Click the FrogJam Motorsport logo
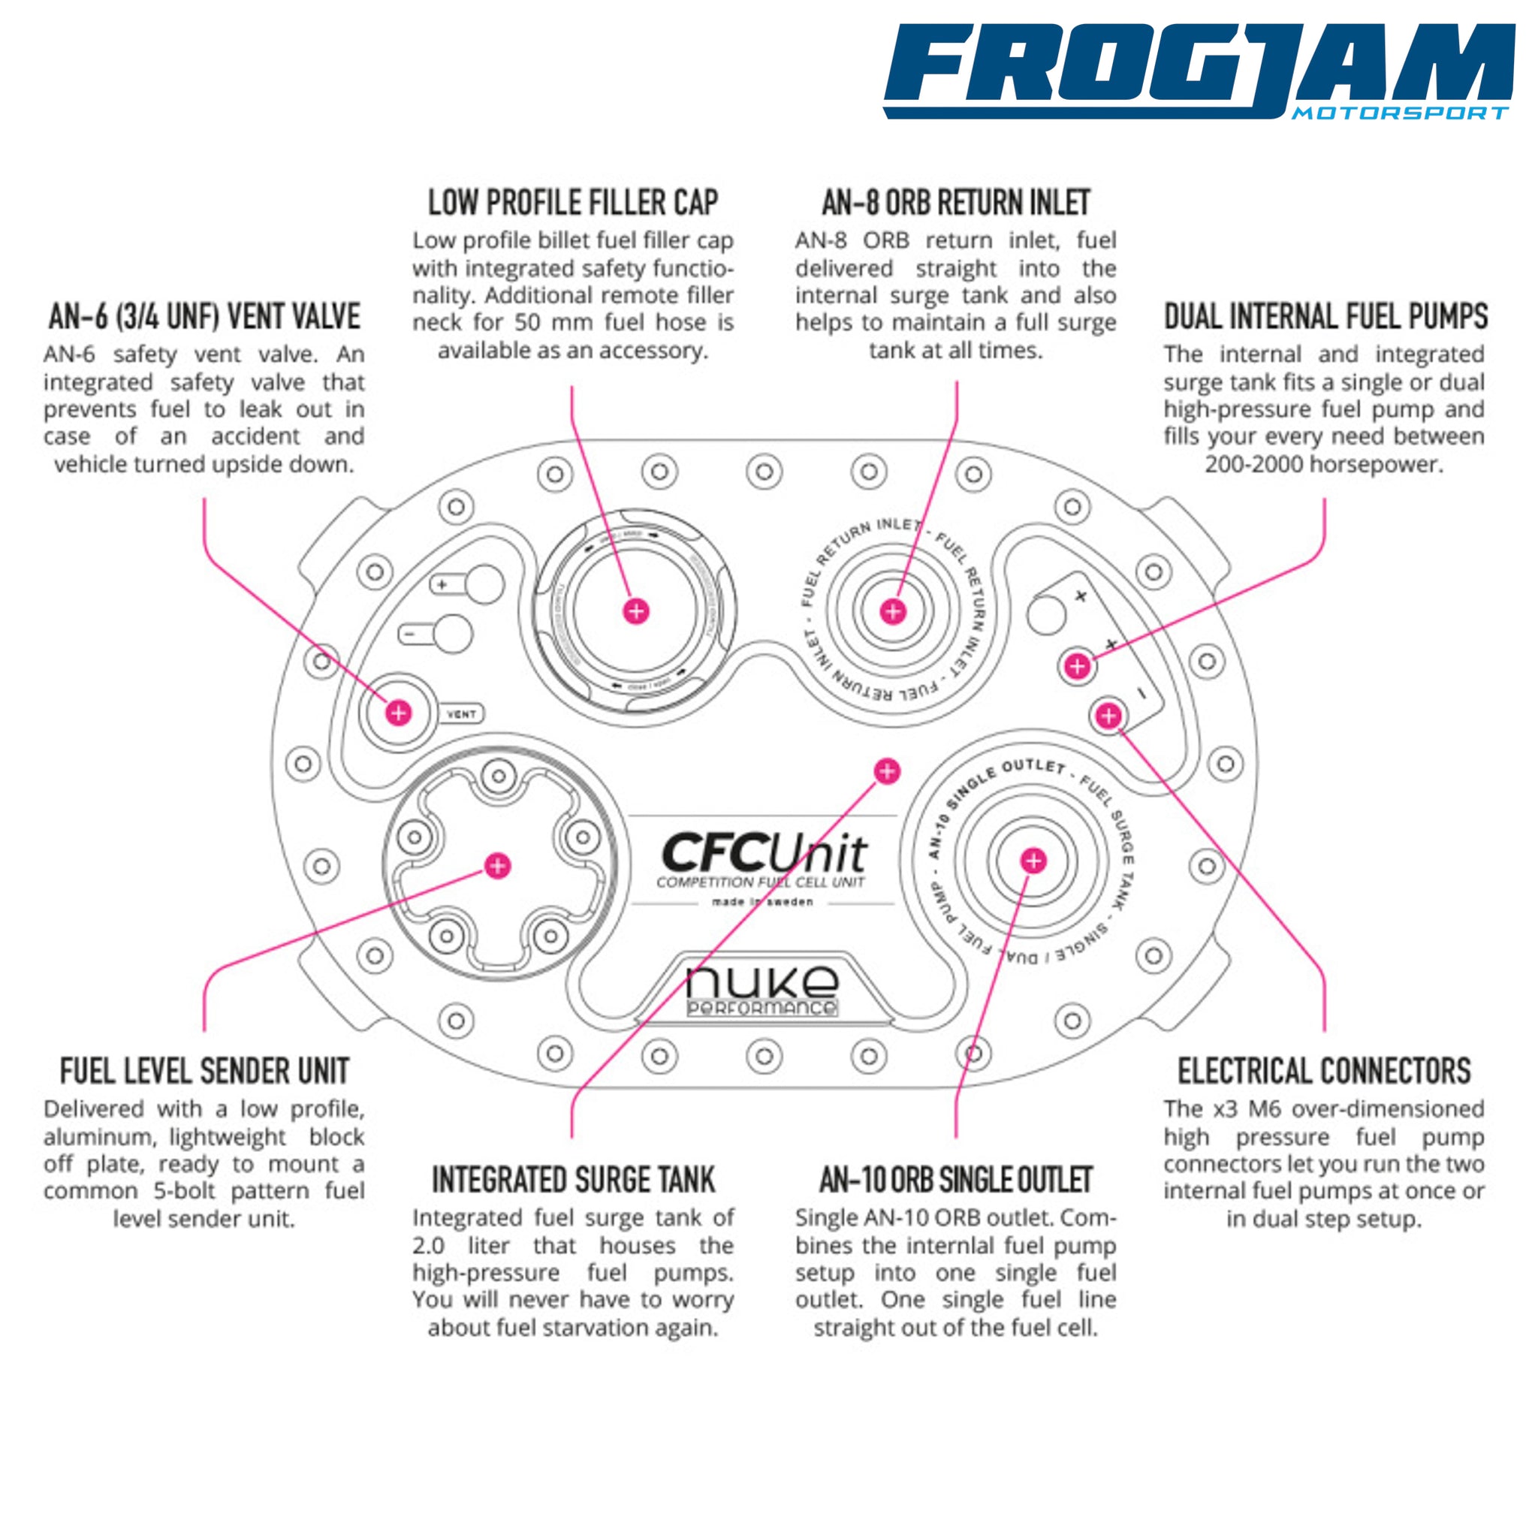pos(1198,71)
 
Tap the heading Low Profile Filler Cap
pos(573,203)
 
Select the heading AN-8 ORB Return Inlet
pos(956,203)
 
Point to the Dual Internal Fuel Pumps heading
pos(1325,316)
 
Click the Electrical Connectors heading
pos(1325,1071)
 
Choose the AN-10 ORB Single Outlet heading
pos(956,1180)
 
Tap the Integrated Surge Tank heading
pos(573,1180)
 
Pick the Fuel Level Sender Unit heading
pos(204,1071)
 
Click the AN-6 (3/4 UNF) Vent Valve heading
pos(204,316)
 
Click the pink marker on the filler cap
pos(635,611)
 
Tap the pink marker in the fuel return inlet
pos(894,611)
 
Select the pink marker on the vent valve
pos(398,713)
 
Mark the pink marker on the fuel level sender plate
pos(497,866)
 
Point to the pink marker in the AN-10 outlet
pos(1033,861)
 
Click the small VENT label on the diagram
pos(462,714)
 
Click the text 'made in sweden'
pos(762,903)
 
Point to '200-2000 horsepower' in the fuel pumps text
pos(1324,465)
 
